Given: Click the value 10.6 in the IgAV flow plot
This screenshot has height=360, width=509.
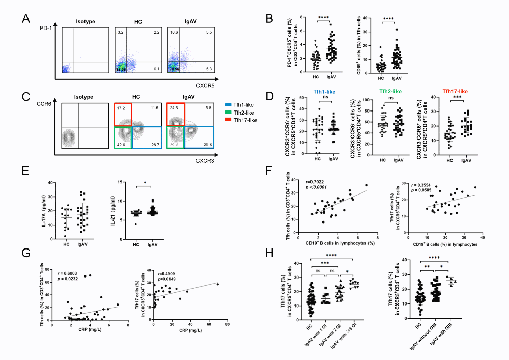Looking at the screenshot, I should (174, 32).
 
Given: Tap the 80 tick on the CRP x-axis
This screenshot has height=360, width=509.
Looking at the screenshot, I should (227, 324).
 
